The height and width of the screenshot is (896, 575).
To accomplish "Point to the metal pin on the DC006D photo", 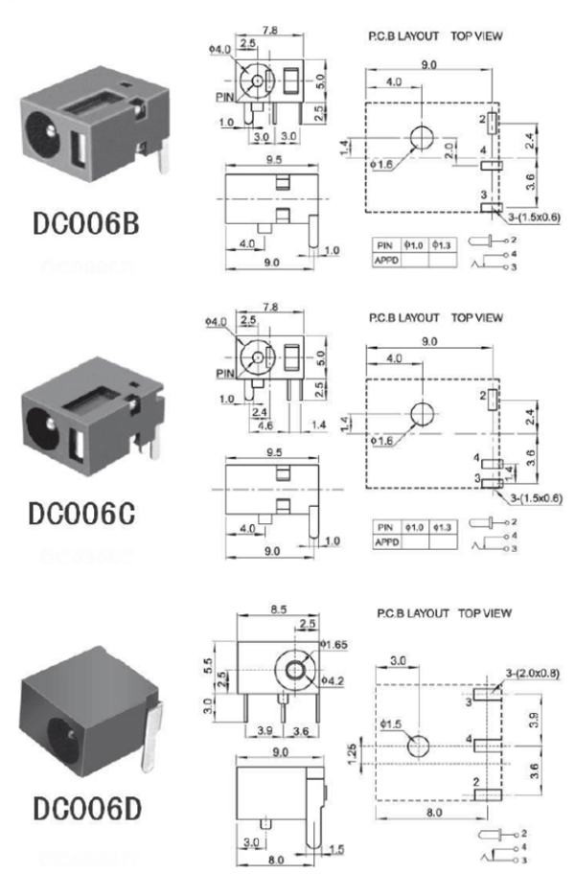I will point(152,738).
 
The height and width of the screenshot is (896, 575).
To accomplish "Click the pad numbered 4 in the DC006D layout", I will point(485,742).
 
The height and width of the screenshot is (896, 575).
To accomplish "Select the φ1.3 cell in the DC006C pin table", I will point(443,527).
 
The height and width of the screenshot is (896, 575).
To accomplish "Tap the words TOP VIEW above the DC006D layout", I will point(485,611).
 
